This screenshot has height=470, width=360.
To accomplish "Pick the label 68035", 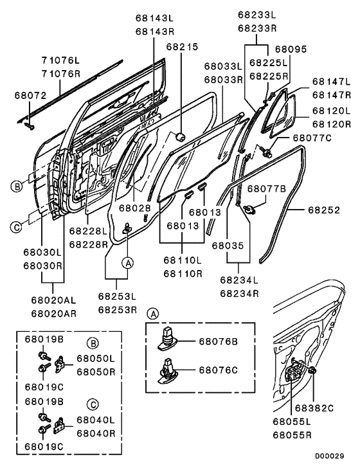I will [x=228, y=245].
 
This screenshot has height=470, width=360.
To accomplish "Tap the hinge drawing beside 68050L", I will [x=62, y=366].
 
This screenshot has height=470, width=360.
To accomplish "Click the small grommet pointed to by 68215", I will [x=181, y=136].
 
